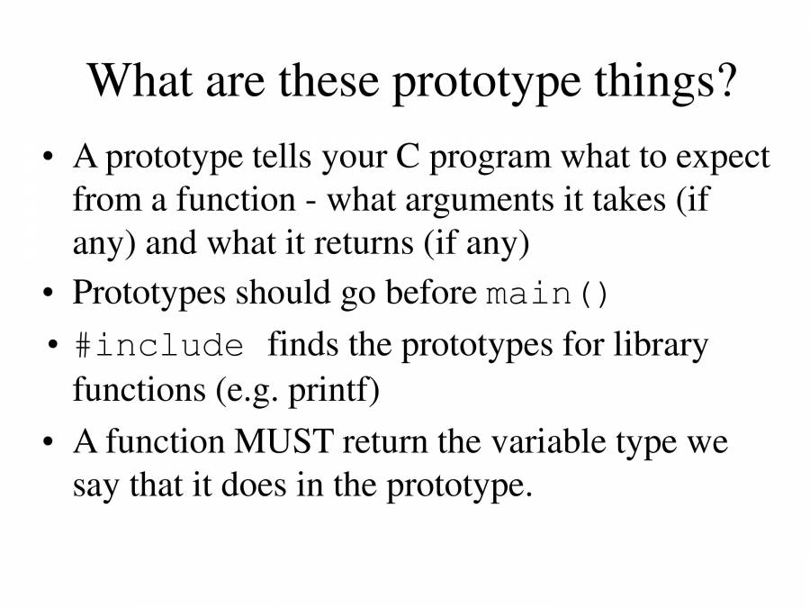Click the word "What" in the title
[139, 81]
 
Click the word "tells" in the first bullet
[282, 157]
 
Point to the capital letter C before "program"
[408, 157]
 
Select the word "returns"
[364, 243]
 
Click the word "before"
[431, 292]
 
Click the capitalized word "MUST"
[283, 442]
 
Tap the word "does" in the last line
[253, 485]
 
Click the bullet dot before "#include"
[52, 344]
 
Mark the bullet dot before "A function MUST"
[48, 442]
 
